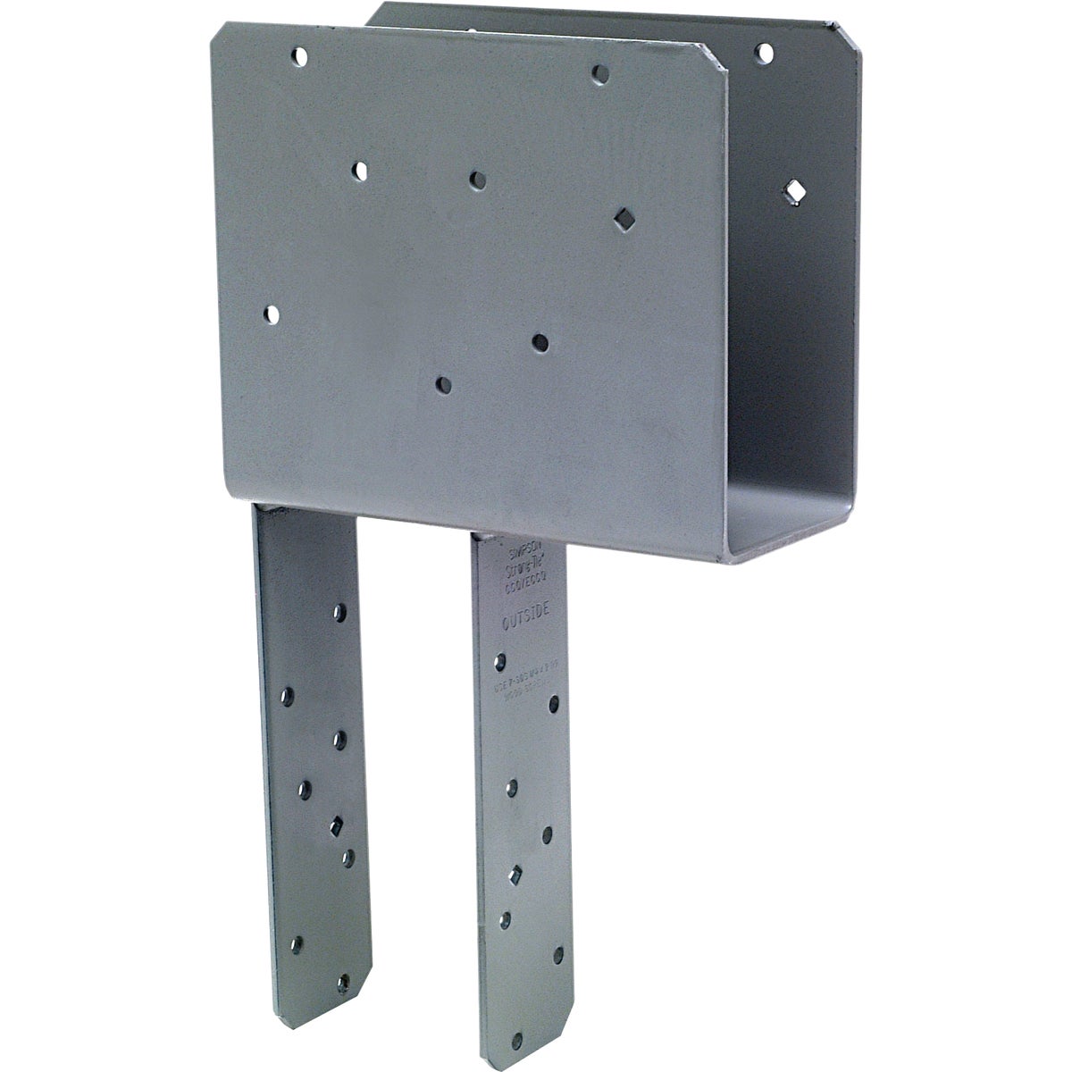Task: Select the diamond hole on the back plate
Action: [792, 188]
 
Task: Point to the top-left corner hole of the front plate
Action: [298, 59]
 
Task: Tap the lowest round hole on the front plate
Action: [440, 385]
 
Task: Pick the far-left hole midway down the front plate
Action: [272, 314]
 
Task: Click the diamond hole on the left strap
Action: [337, 824]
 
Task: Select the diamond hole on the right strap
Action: [515, 874]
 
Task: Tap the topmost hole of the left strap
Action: [339, 612]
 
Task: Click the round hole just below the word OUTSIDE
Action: [500, 663]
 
